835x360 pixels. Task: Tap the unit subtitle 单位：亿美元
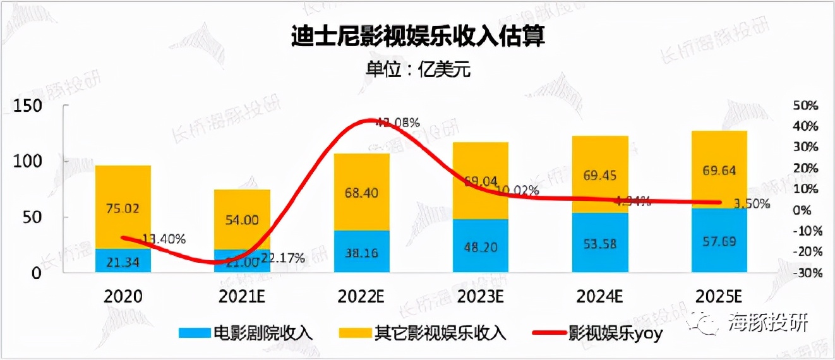[x=417, y=69]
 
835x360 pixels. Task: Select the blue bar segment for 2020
[x=123, y=261]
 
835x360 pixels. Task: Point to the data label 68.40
[x=361, y=193]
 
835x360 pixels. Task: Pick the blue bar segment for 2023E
[x=480, y=246]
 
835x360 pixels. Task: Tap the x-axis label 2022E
[x=361, y=296]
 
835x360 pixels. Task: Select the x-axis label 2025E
[x=720, y=296]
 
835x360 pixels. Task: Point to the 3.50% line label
[x=752, y=204]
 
